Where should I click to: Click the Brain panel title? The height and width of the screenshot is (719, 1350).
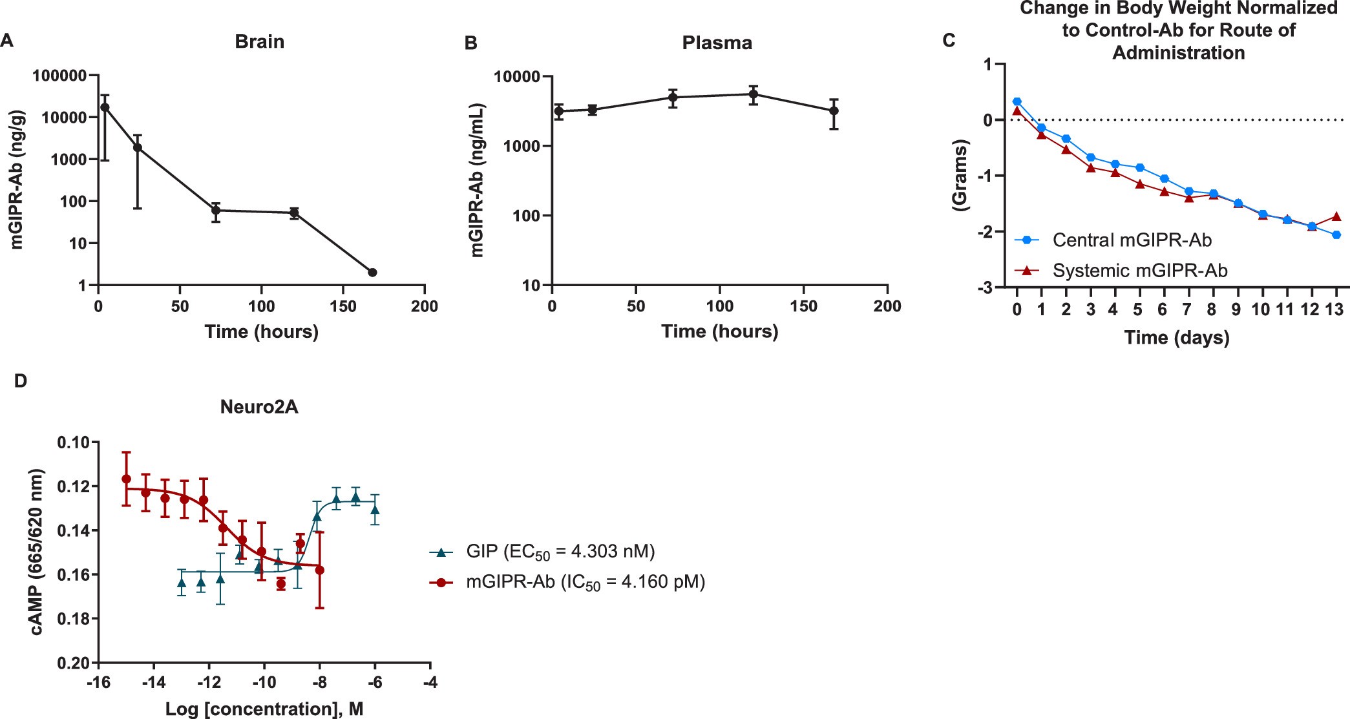click(x=259, y=42)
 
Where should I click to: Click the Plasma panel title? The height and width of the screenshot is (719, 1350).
click(x=717, y=43)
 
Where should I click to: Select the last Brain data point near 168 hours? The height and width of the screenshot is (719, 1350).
click(x=372, y=273)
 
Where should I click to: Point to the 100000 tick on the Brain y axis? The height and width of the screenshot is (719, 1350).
click(x=59, y=76)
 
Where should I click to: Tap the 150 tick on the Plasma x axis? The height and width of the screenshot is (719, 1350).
click(x=803, y=306)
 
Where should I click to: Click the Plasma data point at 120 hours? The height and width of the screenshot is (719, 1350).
click(x=753, y=94)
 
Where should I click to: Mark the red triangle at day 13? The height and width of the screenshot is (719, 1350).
click(x=1336, y=216)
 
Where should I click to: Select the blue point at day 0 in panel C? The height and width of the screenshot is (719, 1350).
click(x=1017, y=101)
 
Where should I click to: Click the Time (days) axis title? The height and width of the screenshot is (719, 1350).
click(x=1177, y=338)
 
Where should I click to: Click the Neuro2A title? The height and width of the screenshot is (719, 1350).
click(x=259, y=407)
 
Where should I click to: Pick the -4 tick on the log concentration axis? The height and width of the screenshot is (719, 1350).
click(x=430, y=682)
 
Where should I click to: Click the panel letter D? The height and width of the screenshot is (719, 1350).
click(x=21, y=381)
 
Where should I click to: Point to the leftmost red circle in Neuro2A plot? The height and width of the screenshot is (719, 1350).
click(x=127, y=479)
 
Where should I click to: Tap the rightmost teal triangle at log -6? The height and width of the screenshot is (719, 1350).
click(x=375, y=510)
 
